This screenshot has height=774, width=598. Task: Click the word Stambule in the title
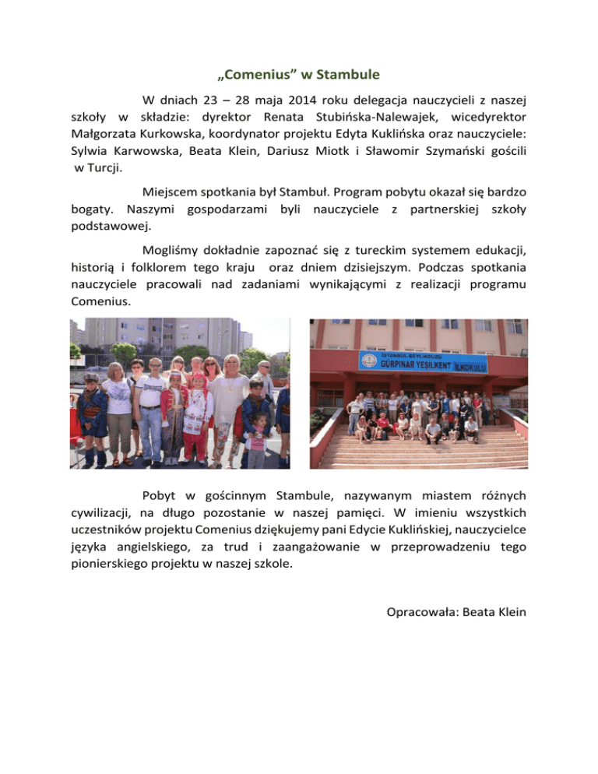click(x=349, y=76)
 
